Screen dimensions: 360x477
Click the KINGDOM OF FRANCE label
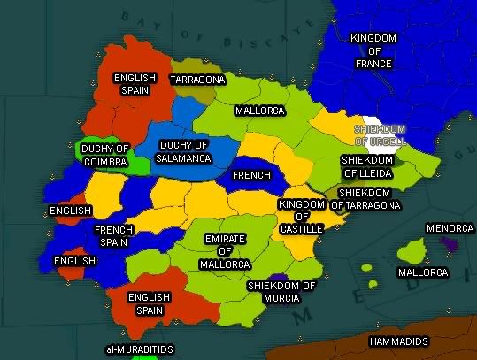tap(373, 51)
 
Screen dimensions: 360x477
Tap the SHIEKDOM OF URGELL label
tap(380, 134)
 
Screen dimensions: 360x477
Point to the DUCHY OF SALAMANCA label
tap(184, 151)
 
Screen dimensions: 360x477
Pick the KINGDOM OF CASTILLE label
tap(301, 216)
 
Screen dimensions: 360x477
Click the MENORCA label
tap(450, 228)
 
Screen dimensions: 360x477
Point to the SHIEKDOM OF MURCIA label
tap(281, 292)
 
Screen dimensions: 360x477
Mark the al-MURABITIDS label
tap(138, 349)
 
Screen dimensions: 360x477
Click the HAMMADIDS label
tap(400, 341)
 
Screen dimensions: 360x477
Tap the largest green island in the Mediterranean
tap(410, 254)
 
